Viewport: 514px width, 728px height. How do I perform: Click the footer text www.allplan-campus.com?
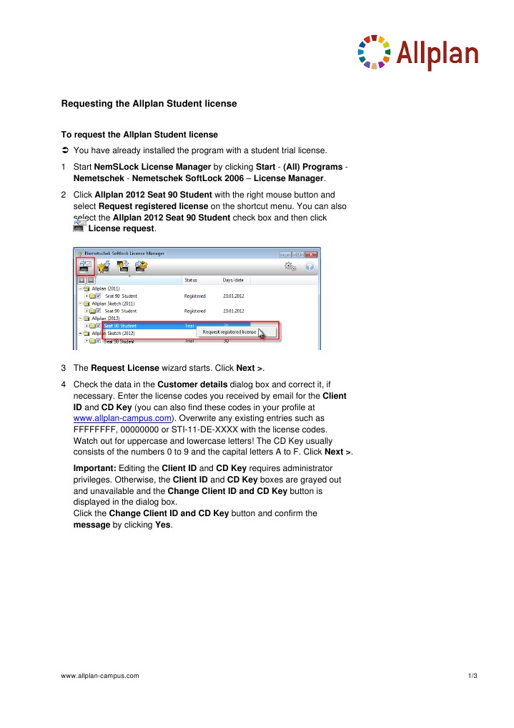pos(100,676)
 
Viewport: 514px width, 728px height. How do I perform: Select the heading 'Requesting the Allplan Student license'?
pos(149,104)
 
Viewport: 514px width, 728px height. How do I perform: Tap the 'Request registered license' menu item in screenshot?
pos(229,332)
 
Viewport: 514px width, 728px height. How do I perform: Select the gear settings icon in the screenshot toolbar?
pos(290,266)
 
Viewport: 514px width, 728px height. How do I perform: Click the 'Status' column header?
pos(191,281)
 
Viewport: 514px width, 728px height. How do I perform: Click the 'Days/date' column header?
pos(233,281)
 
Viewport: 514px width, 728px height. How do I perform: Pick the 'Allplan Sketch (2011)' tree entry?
pos(114,304)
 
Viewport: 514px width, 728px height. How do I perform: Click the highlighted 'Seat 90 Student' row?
pos(121,326)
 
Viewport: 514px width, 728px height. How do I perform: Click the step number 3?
pos(64,368)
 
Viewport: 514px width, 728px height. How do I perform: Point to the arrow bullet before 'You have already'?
pos(65,150)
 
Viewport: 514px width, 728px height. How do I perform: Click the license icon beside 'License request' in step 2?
pos(79,227)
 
